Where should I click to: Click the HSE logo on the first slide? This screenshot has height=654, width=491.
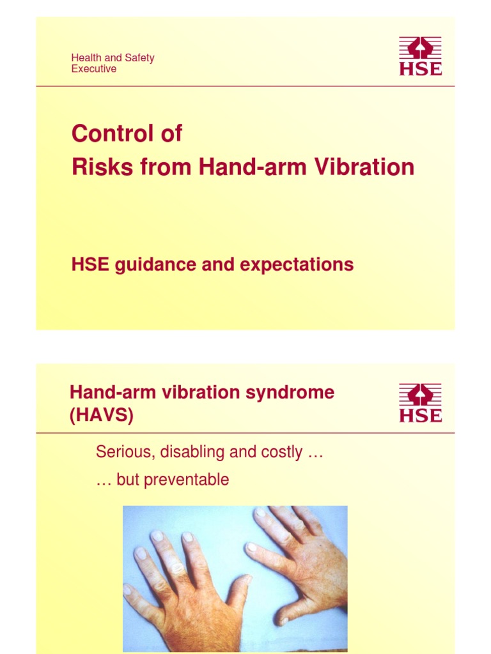point(420,56)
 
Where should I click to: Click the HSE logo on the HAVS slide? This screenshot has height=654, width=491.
point(420,402)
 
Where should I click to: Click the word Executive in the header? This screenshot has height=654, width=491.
point(94,69)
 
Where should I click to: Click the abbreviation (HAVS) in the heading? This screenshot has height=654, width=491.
point(102,416)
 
